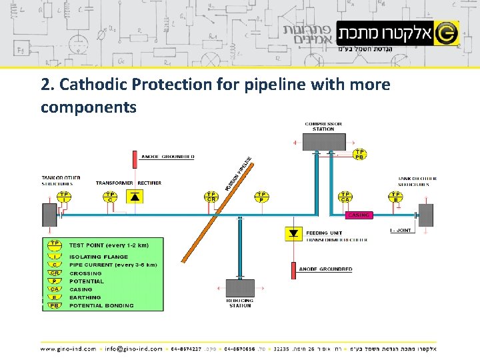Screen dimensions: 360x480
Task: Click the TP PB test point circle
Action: pos(359,155)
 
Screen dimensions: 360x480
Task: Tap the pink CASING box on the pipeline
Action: pos(359,215)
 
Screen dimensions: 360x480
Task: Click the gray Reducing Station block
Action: pos(240,288)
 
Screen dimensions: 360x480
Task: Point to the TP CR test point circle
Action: pos(211,196)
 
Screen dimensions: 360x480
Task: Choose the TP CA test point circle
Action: pos(345,196)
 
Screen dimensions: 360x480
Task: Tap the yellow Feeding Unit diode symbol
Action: pos(293,233)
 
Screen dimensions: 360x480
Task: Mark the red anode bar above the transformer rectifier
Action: pos(135,159)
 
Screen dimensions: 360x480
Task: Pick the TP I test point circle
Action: pos(65,196)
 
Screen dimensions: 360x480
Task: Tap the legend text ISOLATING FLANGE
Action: pos(94,257)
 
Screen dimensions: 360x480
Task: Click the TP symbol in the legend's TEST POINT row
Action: pos(55,245)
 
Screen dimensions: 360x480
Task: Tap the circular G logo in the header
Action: pos(447,32)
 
